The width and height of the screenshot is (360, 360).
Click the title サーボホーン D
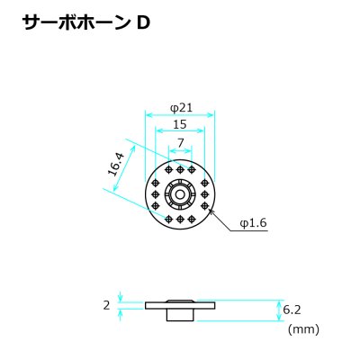coord(86,23)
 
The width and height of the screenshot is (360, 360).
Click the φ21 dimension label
coord(181,108)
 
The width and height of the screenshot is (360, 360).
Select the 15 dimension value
coord(180,124)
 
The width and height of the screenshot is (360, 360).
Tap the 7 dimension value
coord(180,143)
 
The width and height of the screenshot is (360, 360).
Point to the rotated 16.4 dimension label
coord(116,165)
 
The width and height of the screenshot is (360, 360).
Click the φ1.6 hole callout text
coord(254,223)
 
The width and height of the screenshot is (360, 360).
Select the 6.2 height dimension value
coord(292,310)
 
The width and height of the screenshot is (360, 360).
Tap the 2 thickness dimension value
coord(106,306)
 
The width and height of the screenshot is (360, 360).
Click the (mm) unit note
coord(303,329)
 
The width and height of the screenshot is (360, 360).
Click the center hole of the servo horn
coord(180,194)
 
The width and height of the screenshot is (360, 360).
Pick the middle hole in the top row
coord(180,170)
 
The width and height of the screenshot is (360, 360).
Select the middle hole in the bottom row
coord(180,220)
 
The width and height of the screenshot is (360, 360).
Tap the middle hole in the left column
coord(156,194)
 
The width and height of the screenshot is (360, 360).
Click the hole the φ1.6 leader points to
coord(205,205)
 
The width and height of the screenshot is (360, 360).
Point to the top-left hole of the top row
coord(168,170)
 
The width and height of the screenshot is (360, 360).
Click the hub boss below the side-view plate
coord(181,315)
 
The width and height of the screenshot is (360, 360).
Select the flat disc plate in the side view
coord(180,306)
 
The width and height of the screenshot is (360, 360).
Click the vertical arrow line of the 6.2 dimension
coord(276,310)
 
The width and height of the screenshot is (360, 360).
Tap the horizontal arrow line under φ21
coord(180,115)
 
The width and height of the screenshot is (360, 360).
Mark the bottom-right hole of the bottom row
coord(191,220)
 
